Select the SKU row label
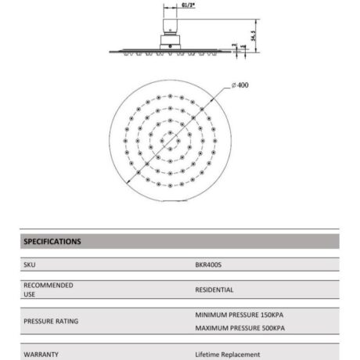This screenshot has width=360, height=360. click(x=30, y=265)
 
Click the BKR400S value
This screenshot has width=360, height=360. click(x=211, y=265)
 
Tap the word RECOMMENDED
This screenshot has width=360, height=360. click(x=49, y=286)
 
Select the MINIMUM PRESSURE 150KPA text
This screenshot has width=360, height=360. click(x=239, y=315)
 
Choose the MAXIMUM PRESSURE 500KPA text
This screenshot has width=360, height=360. click(x=239, y=327)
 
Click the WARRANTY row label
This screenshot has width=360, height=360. click(x=41, y=354)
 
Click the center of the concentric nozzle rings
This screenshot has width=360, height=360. click(x=167, y=144)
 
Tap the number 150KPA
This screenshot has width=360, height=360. click(x=268, y=315)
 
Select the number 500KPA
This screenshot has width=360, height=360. click(x=270, y=327)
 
